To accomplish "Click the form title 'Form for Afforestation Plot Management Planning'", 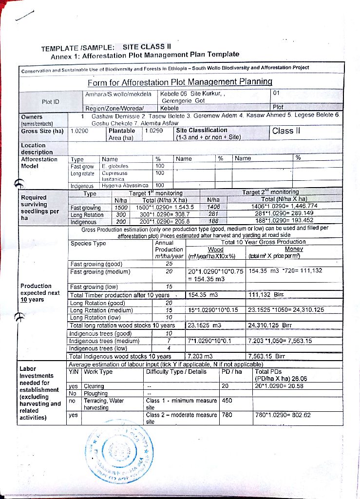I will click(x=180, y=82).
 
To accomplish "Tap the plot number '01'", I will click(x=277, y=93).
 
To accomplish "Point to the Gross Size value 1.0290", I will click(x=79, y=131).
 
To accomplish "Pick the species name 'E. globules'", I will click(x=114, y=166).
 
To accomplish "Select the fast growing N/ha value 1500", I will click(x=120, y=207).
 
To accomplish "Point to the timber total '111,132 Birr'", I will click(x=266, y=295).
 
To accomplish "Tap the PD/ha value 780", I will click(x=227, y=415).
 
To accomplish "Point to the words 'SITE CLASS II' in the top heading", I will click(x=145, y=47).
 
